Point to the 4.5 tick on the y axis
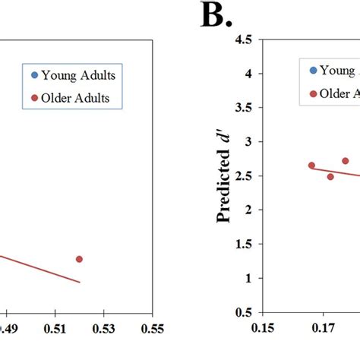[x=242, y=40]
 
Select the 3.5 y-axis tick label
[x=242, y=108]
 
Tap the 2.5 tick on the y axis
[x=242, y=176]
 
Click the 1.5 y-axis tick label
[x=242, y=244]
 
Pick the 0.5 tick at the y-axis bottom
[x=242, y=312]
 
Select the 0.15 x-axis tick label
[x=262, y=330]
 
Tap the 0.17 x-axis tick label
[x=324, y=330]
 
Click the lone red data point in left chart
[x=79, y=259]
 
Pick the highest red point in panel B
[x=345, y=161]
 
